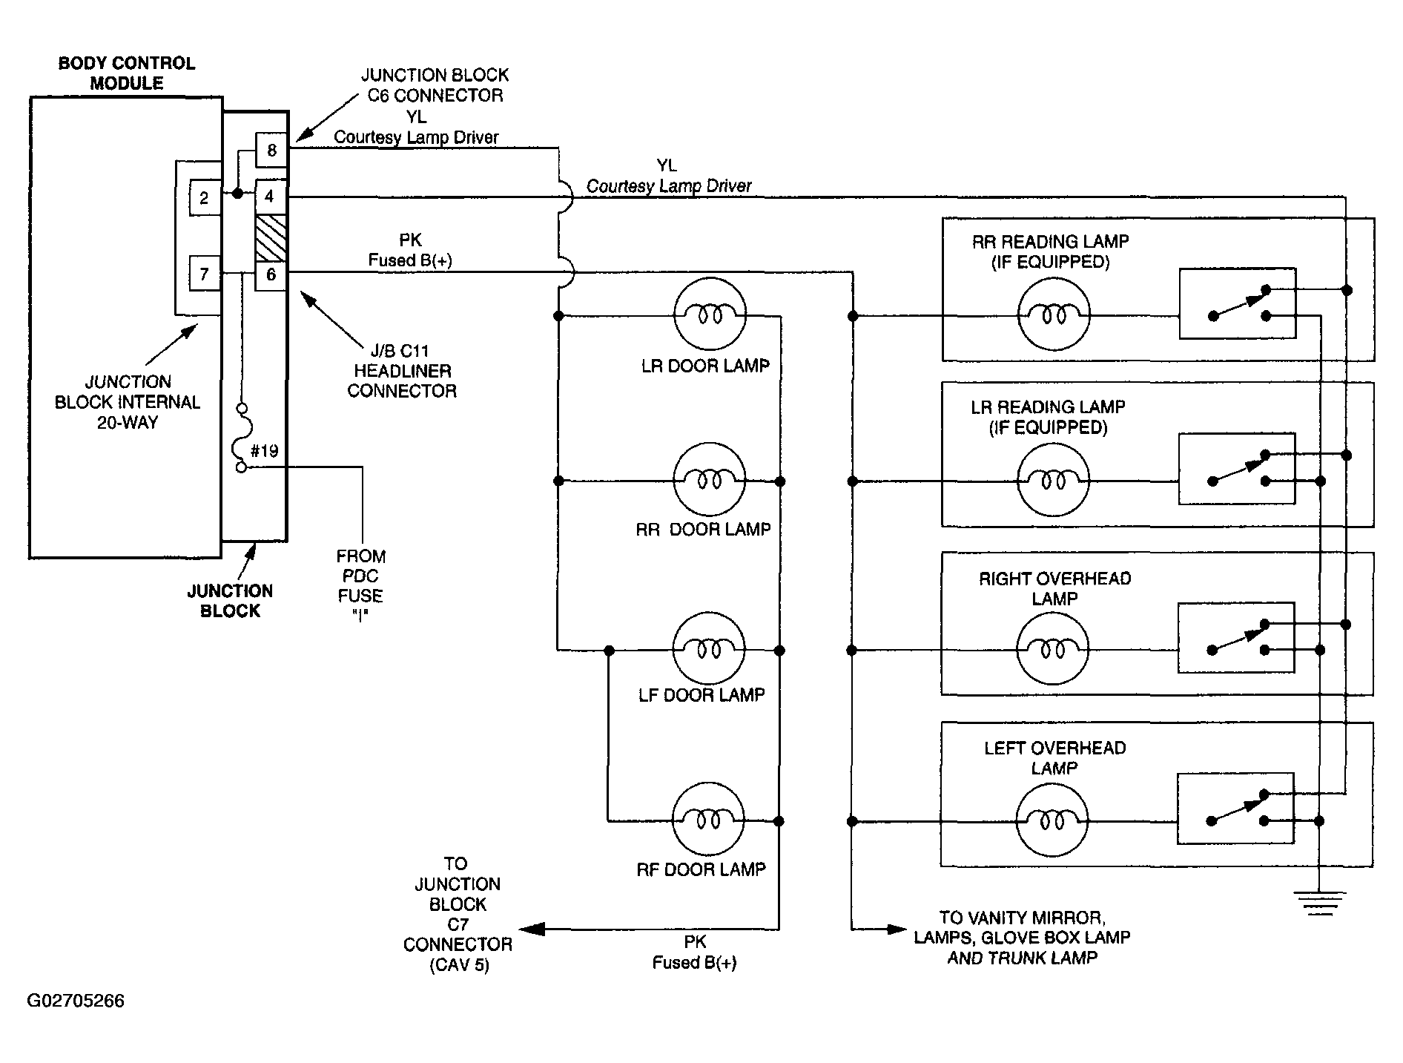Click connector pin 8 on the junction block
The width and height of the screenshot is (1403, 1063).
coord(271,151)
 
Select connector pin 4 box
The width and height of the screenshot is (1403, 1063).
coord(271,197)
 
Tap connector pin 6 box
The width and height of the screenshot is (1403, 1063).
coord(271,274)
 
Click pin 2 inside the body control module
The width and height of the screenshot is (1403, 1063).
coord(205,198)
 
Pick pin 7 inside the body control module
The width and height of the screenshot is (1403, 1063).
coord(205,275)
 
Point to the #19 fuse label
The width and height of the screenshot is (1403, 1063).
coord(264,451)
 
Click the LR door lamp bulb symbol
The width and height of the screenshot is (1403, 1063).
coord(709,315)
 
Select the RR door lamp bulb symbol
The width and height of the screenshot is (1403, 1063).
coord(709,481)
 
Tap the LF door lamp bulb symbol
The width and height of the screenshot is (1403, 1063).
coord(708,650)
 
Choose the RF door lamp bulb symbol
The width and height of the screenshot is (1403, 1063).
coord(707,820)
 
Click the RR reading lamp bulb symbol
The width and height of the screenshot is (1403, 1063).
coord(1054,315)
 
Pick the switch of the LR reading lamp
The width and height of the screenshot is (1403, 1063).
coord(1237,468)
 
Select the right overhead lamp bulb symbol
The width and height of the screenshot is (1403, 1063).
coord(1052,650)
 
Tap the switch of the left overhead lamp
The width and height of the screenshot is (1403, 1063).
coord(1235,808)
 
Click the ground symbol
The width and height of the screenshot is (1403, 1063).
coord(1319,901)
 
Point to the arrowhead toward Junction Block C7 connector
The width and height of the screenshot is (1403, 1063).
coord(531,929)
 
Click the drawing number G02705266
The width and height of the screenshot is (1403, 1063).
coord(76,1001)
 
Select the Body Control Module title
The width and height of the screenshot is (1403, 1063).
coord(127,73)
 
